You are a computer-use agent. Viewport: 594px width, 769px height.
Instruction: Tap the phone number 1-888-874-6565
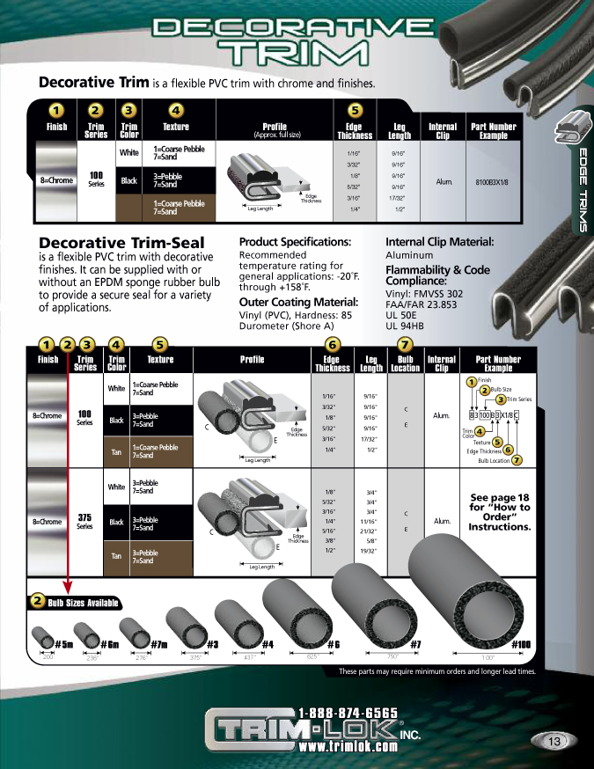click(x=348, y=713)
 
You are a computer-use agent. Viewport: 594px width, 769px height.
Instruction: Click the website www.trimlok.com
click(x=348, y=746)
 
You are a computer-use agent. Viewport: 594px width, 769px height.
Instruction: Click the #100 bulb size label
click(x=521, y=645)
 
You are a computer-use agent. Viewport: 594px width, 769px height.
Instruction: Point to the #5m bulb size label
click(x=63, y=645)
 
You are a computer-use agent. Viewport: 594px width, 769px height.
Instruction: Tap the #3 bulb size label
click(x=212, y=645)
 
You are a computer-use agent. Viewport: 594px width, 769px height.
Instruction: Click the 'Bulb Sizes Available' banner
click(x=75, y=603)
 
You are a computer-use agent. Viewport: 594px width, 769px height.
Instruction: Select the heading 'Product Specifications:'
click(x=295, y=242)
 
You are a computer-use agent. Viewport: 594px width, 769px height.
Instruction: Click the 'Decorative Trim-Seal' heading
click(x=122, y=243)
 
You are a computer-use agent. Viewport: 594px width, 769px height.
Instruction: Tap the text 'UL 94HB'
click(x=405, y=326)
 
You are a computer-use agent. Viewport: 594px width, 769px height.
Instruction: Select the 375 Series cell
click(x=85, y=521)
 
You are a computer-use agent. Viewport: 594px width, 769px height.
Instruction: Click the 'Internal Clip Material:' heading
click(x=439, y=242)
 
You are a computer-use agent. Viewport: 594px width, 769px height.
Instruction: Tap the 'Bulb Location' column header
click(x=406, y=363)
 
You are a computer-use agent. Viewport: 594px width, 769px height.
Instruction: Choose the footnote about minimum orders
click(x=436, y=671)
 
